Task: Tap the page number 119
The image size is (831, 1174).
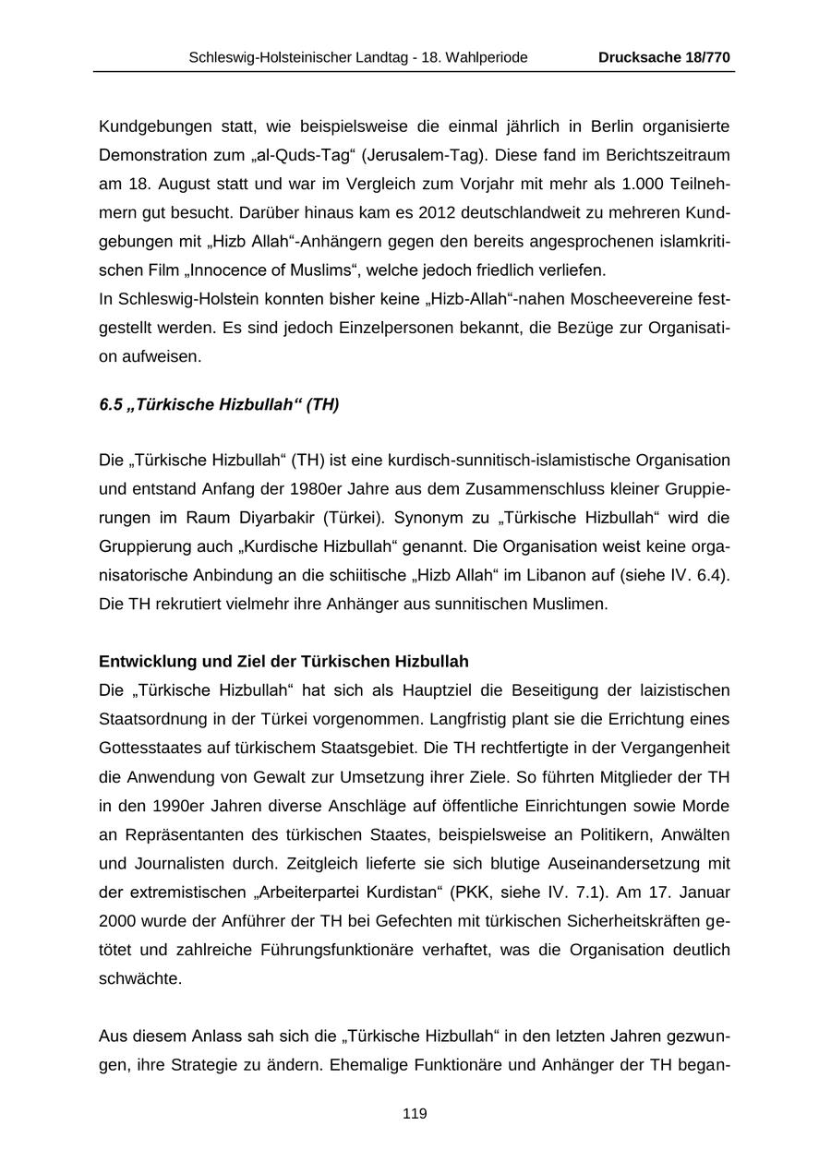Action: (415, 1114)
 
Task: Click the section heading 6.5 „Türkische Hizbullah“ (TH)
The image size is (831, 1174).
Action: (219, 405)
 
